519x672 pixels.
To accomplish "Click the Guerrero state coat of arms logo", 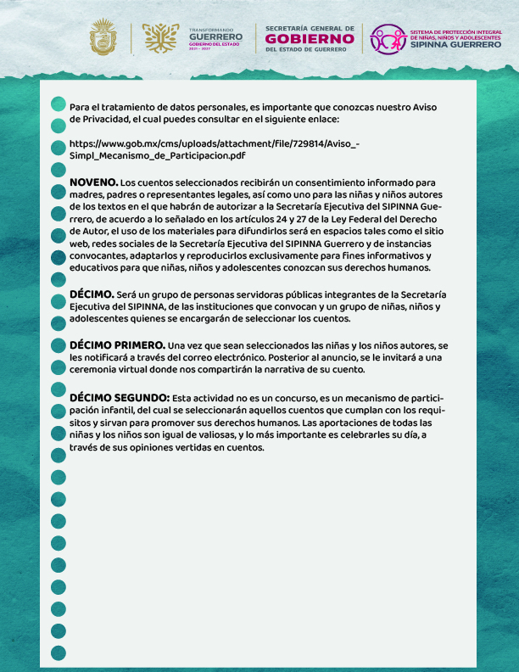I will (x=106, y=38).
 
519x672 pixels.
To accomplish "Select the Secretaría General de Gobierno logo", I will (x=310, y=38).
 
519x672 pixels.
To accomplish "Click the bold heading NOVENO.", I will (x=94, y=182).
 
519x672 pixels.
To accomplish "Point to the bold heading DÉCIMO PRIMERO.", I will (x=117, y=346).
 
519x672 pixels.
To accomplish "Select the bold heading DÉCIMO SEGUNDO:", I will (x=119, y=397).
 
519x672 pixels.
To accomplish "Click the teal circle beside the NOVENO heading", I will (x=59, y=192).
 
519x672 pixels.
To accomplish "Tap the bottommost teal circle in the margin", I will (x=59, y=652).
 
